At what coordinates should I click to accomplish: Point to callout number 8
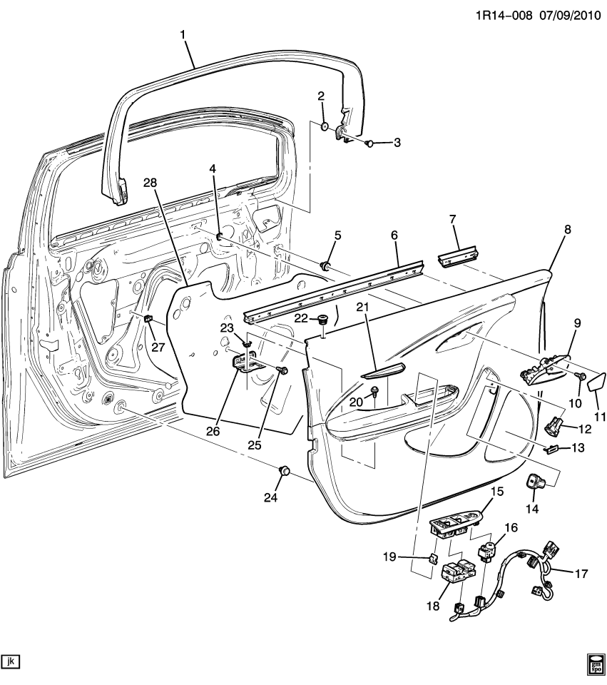coord(567,230)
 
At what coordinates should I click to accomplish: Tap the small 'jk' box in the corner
coord(10,661)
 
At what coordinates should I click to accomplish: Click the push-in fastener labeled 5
coord(327,266)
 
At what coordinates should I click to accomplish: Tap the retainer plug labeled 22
coord(322,319)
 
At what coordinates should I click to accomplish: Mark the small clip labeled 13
coord(550,450)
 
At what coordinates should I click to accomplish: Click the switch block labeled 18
coord(456,573)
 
